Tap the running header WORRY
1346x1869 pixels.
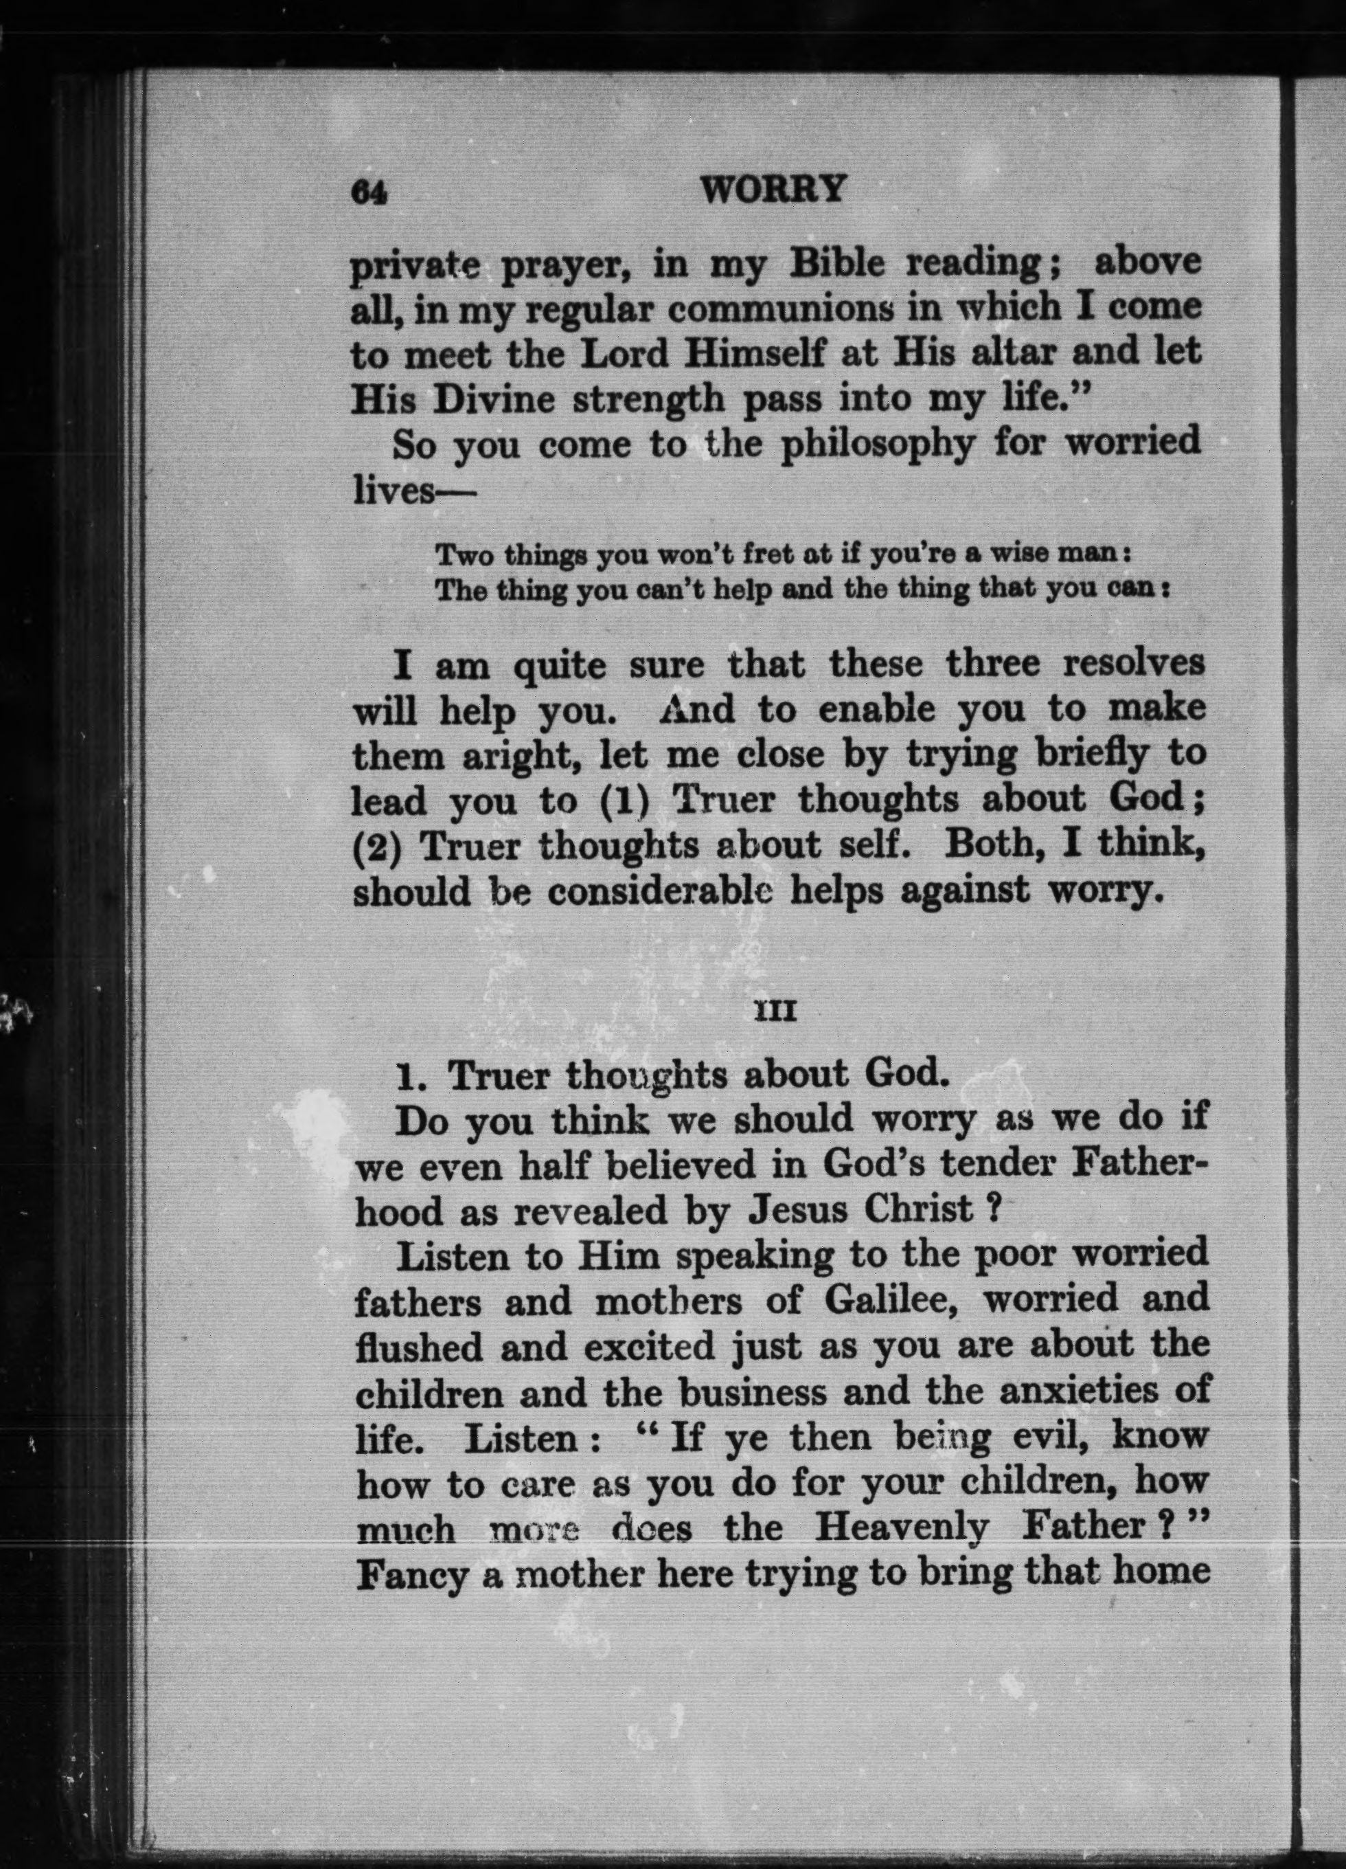pyautogui.click(x=771, y=190)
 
